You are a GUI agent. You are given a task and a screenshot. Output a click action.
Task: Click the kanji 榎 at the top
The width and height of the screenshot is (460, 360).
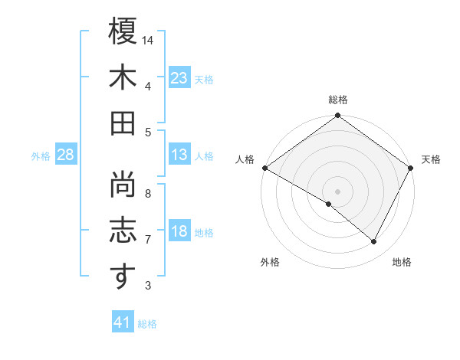point(123,32)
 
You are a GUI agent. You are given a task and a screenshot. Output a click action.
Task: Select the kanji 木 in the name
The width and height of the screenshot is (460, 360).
point(123,77)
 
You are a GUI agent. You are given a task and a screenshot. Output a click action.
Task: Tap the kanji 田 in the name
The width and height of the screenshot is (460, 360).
point(123,123)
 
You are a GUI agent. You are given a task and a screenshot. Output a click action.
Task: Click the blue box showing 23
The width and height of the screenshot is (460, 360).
point(179,77)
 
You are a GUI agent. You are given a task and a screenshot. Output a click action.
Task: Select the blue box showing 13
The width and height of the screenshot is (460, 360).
point(179,155)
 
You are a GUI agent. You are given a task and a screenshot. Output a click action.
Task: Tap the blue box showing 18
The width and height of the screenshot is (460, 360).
point(179,231)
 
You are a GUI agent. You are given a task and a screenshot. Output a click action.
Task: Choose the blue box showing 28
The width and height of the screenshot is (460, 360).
point(65,155)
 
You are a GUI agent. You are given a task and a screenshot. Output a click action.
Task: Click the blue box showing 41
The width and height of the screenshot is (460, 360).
point(123,322)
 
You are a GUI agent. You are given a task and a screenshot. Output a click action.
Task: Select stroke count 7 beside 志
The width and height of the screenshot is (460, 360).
point(148,239)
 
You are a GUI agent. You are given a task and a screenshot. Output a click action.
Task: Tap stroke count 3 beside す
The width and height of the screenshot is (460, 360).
point(148,286)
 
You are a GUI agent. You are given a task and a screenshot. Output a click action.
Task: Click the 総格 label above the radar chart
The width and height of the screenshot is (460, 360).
point(338,100)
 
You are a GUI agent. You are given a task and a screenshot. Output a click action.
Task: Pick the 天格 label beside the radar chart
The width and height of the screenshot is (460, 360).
point(431,159)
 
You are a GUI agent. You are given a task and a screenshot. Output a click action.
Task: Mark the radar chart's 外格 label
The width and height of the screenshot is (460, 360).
point(270,262)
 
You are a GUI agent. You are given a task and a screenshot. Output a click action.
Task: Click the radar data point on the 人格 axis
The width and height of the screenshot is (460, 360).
point(264,167)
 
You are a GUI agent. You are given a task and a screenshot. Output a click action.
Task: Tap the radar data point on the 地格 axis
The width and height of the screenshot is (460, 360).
point(374,242)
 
